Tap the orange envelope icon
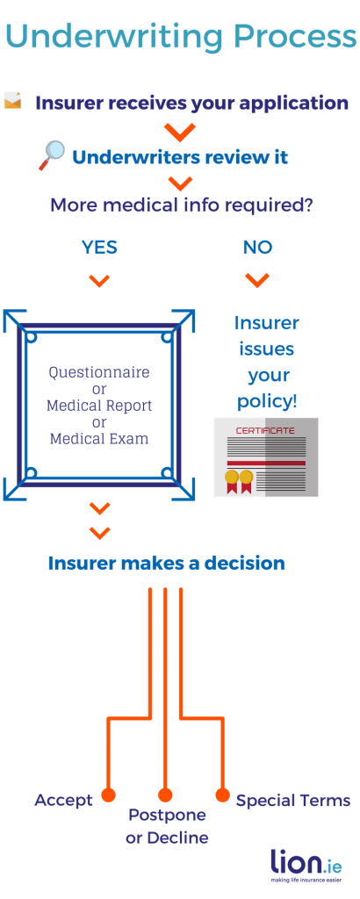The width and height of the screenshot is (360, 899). tap(13, 101)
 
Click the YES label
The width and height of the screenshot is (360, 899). tap(99, 248)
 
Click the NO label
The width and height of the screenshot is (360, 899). tap(257, 248)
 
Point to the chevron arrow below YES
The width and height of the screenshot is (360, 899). tap(99, 281)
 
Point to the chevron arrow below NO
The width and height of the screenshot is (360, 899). tap(256, 280)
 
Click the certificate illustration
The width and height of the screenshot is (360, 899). tap(265, 457)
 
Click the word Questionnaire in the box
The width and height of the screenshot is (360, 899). tap(99, 372)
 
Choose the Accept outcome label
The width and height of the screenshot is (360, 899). tap(63, 800)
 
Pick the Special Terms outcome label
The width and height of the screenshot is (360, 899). tap(293, 800)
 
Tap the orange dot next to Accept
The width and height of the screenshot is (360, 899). tap(108, 795)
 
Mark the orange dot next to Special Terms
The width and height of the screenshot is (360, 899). tap(222, 795)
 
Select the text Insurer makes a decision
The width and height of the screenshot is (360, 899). tap(167, 563)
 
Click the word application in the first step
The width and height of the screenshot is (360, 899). tap(291, 103)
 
